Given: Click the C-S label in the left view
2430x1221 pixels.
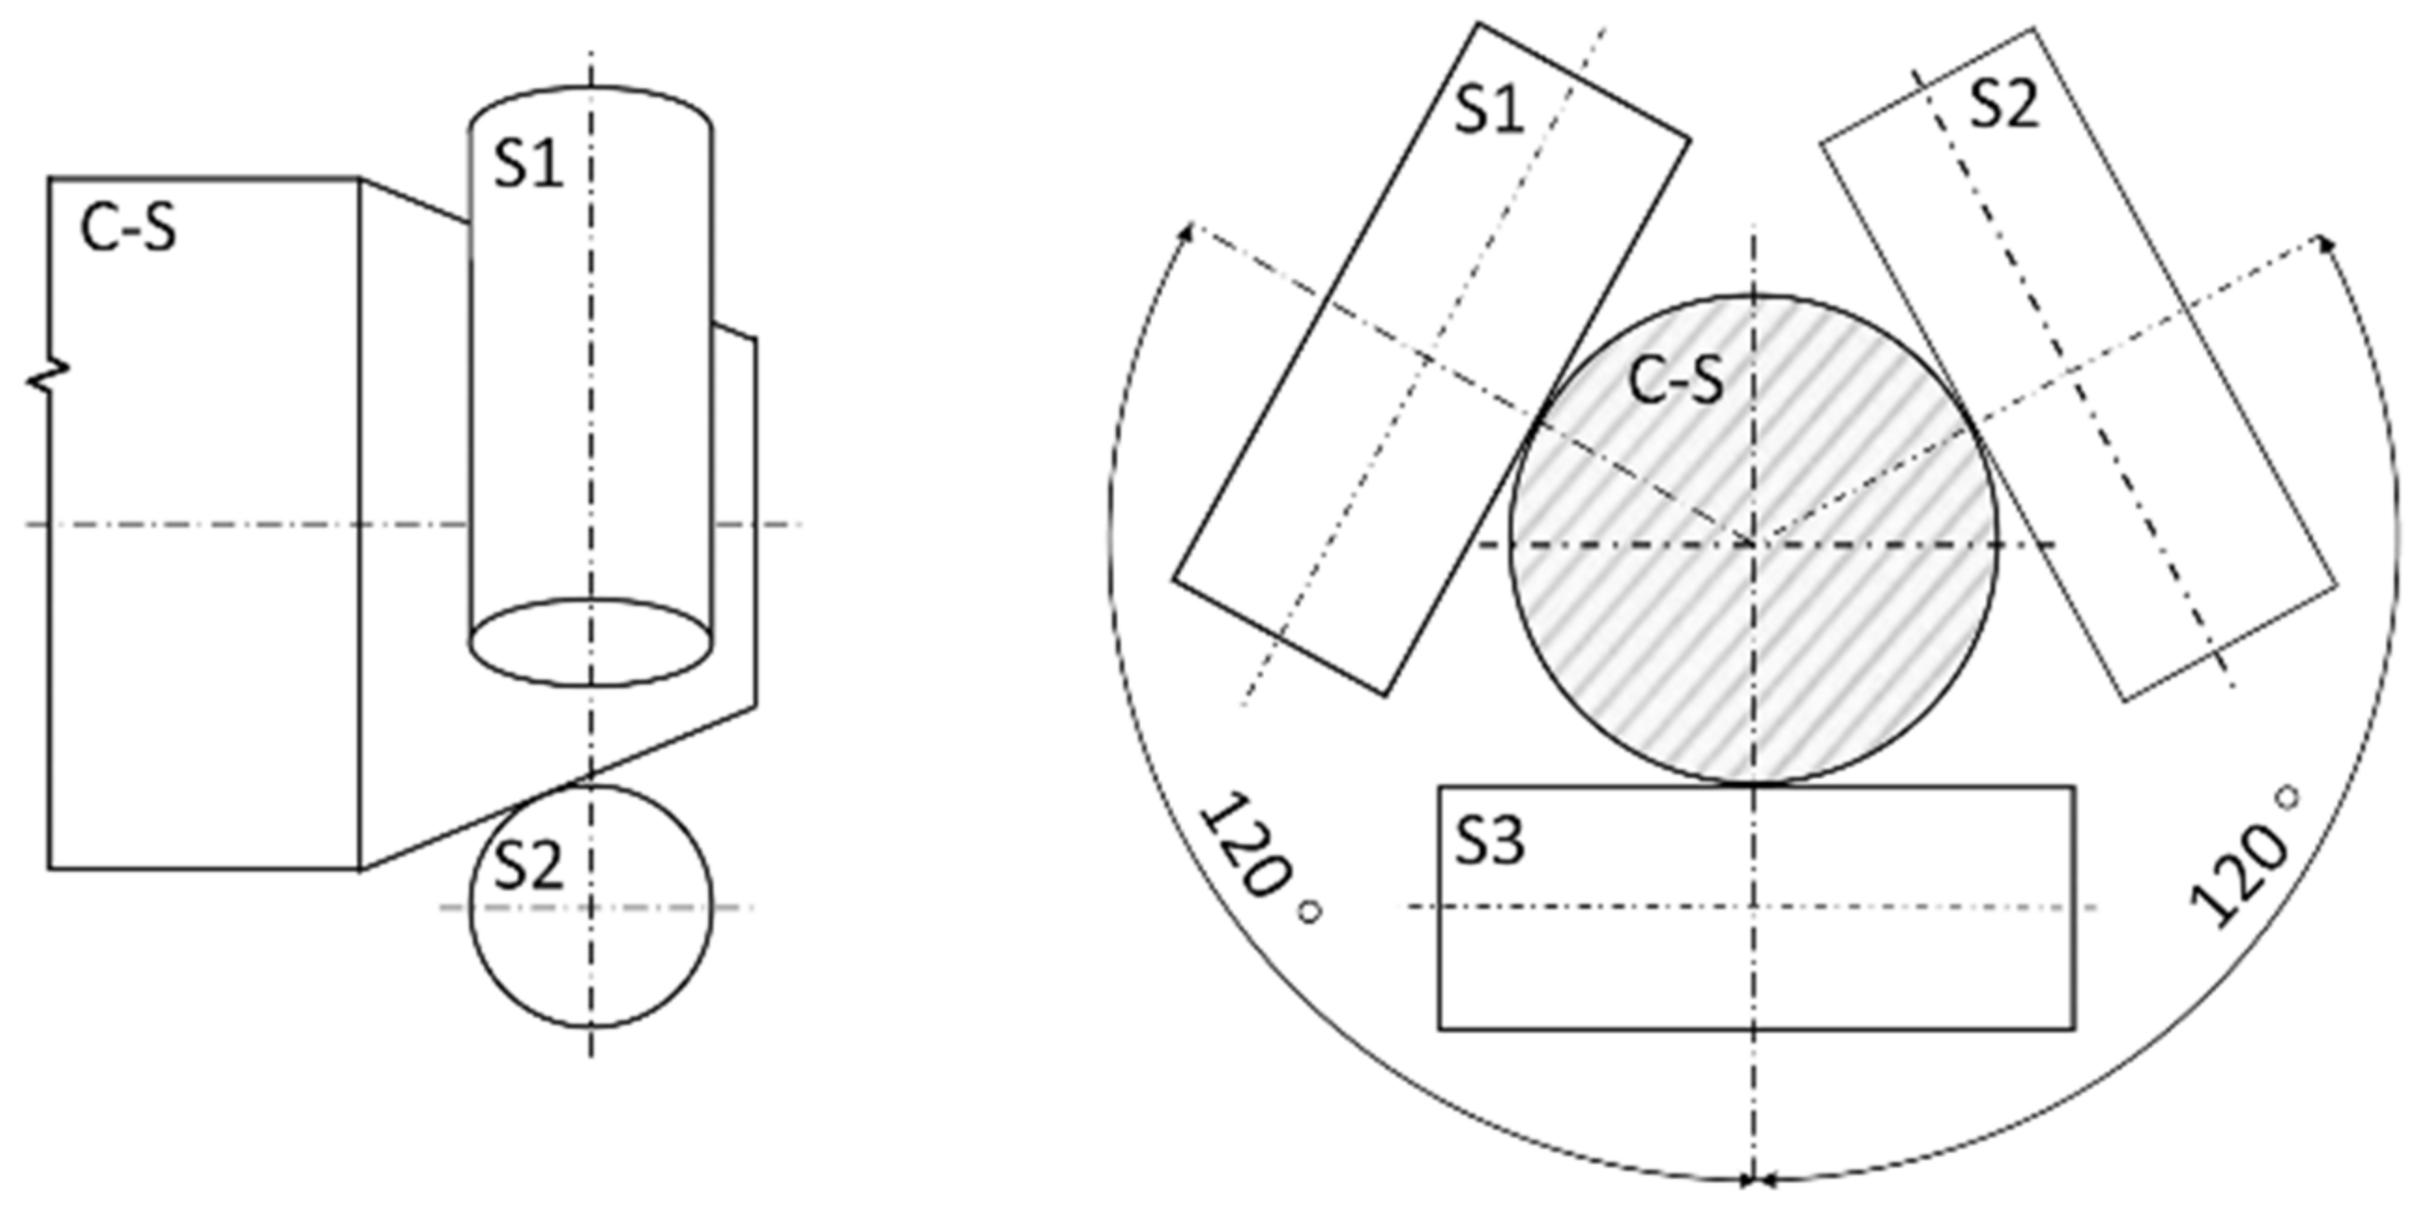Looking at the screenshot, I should (128, 229).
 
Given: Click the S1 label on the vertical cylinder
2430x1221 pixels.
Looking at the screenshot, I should (528, 164).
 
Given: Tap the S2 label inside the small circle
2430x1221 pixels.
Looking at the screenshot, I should (528, 866).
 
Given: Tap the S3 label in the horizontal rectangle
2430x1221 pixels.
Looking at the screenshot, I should (1488, 842).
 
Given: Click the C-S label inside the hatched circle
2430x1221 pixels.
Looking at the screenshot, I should (1676, 382).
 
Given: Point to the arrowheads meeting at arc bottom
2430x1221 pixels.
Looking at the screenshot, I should (1754, 1179).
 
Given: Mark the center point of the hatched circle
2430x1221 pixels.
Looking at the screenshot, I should (1754, 544).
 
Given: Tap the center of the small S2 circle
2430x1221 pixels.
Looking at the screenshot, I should (591, 907).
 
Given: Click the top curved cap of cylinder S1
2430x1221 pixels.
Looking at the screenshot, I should (591, 91).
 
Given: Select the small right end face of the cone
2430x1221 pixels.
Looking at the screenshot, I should (736, 519).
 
